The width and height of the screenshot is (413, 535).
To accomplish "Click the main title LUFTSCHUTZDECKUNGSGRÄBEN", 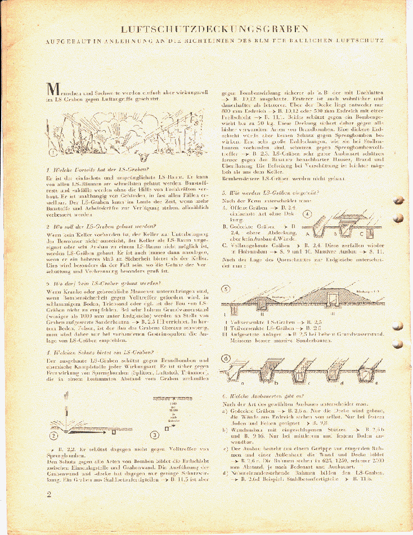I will [x=214, y=29].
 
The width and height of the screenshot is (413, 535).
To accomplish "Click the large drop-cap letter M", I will [x=53, y=90].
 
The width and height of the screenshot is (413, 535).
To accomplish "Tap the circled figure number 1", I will [x=52, y=151].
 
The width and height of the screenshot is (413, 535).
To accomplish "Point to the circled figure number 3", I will [x=154, y=434].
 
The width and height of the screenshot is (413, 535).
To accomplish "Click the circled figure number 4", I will [x=307, y=214].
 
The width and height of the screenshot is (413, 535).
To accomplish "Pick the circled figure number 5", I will [x=226, y=289].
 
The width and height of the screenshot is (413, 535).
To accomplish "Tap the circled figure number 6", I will [x=226, y=358].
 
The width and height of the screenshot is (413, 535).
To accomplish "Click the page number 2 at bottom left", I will [x=50, y=494].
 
